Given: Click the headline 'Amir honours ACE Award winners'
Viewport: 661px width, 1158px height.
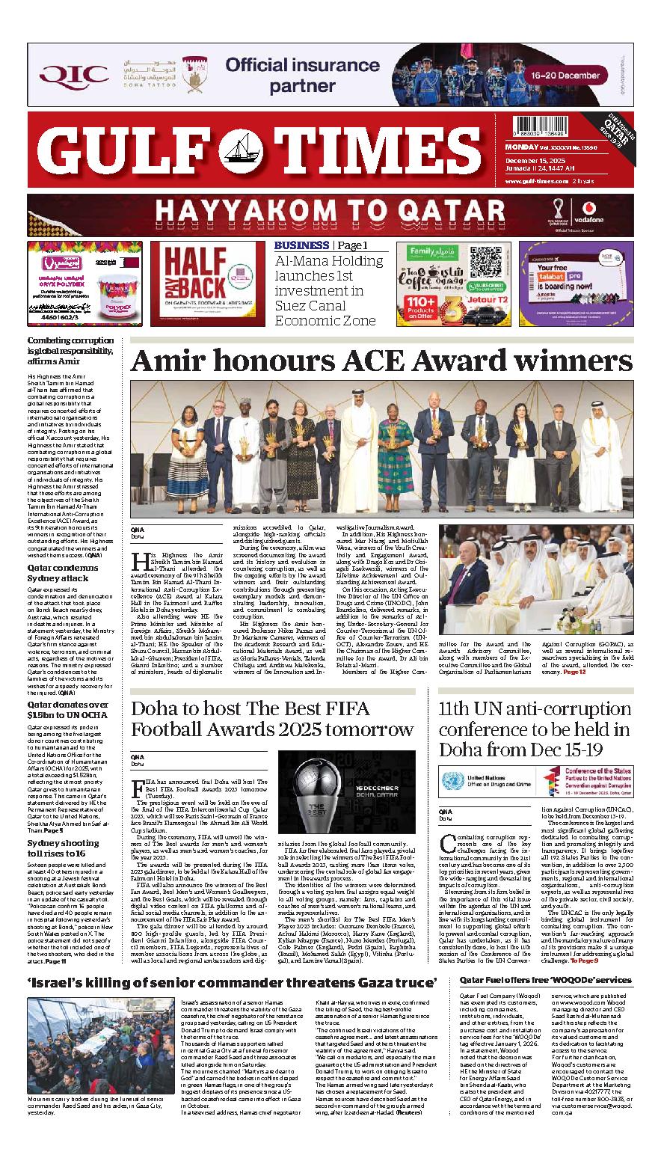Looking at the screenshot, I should pyautogui.click(x=381, y=361).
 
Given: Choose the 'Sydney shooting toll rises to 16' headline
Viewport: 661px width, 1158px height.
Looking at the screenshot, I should pyautogui.click(x=63, y=848).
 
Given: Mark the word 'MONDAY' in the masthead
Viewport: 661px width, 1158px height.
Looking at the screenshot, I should pyautogui.click(x=520, y=149).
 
